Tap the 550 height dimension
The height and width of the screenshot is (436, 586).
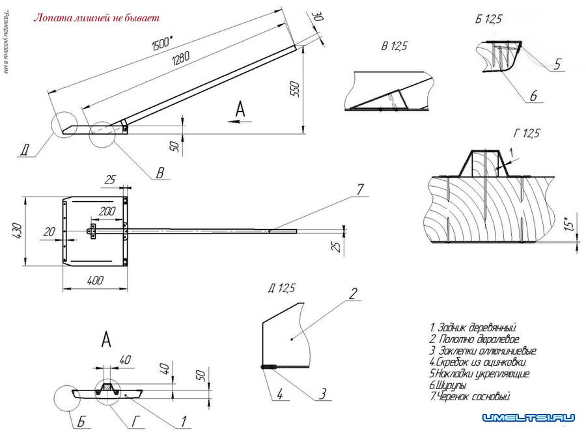pos(294,90)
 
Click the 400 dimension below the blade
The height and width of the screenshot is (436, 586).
pos(96,280)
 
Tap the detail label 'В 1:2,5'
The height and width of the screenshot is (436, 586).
pos(395,47)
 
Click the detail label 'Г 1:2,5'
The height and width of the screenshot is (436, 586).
pos(526,134)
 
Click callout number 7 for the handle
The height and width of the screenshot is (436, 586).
pos(360,189)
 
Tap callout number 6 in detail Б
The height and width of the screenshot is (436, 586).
pos(533,96)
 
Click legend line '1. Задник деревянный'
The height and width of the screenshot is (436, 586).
pos(473,327)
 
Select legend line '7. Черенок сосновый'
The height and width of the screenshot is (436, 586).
pos(470,396)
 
